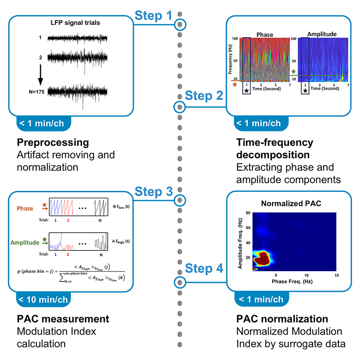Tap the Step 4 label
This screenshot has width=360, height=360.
pos(205,269)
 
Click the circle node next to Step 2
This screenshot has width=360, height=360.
pos(180,107)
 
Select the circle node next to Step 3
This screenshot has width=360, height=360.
pos(180,200)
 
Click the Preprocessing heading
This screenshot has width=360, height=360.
pos(53,142)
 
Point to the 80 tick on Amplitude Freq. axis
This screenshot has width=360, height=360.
pos(249,213)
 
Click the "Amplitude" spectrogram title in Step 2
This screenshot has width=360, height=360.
pos(322,34)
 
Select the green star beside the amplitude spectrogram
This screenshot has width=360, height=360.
pos(294,72)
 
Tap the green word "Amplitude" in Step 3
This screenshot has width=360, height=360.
pos(24,243)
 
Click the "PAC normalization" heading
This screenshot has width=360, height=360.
pos(282,319)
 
